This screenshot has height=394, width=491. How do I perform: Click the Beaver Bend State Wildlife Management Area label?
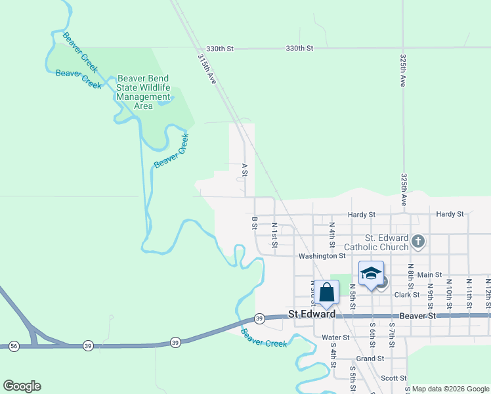tap(143, 92)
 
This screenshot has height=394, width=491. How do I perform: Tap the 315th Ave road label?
tap(207, 68)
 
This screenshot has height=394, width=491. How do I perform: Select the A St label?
tap(244, 170)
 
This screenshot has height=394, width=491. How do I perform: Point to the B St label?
tap(254, 223)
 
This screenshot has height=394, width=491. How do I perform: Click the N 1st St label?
tap(274, 235)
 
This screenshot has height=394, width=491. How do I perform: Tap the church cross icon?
tap(417, 242)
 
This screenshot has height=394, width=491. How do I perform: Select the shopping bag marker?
tap(326, 293)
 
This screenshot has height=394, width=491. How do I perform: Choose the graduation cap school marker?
tap(371, 273)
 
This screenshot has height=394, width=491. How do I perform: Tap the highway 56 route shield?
tap(14, 345)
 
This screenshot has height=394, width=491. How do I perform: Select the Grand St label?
tap(370, 359)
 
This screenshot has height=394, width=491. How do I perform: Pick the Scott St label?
tap(394, 378)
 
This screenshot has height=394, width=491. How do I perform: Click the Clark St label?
tap(407, 295)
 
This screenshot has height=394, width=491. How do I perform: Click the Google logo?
tap(22, 386)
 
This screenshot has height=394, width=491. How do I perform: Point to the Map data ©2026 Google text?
tap(450, 389)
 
